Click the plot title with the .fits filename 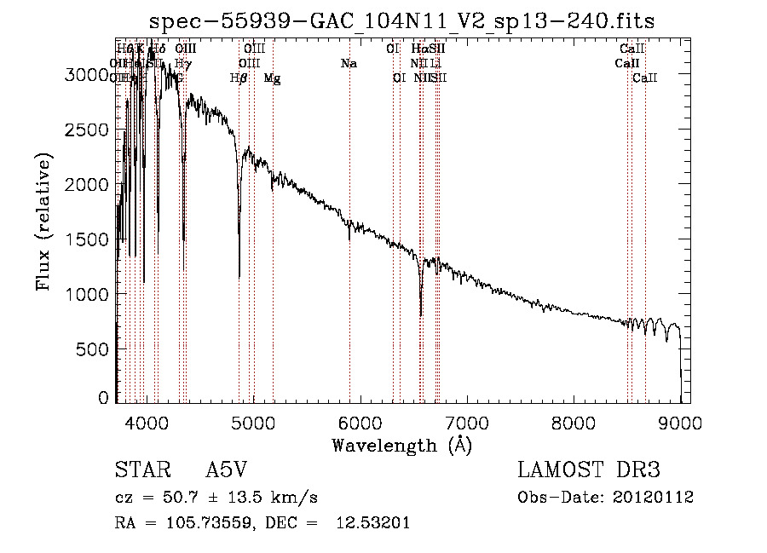coord(401,21)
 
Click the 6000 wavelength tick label coord(359,423)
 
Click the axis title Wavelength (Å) coord(401,445)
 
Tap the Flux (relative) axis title coord(44,222)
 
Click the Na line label coord(348,63)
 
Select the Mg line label coord(272,78)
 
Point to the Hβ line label coord(239,78)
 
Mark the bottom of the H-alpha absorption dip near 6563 coord(421,315)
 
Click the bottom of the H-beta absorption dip coord(239,277)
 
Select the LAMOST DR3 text coord(588,471)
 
